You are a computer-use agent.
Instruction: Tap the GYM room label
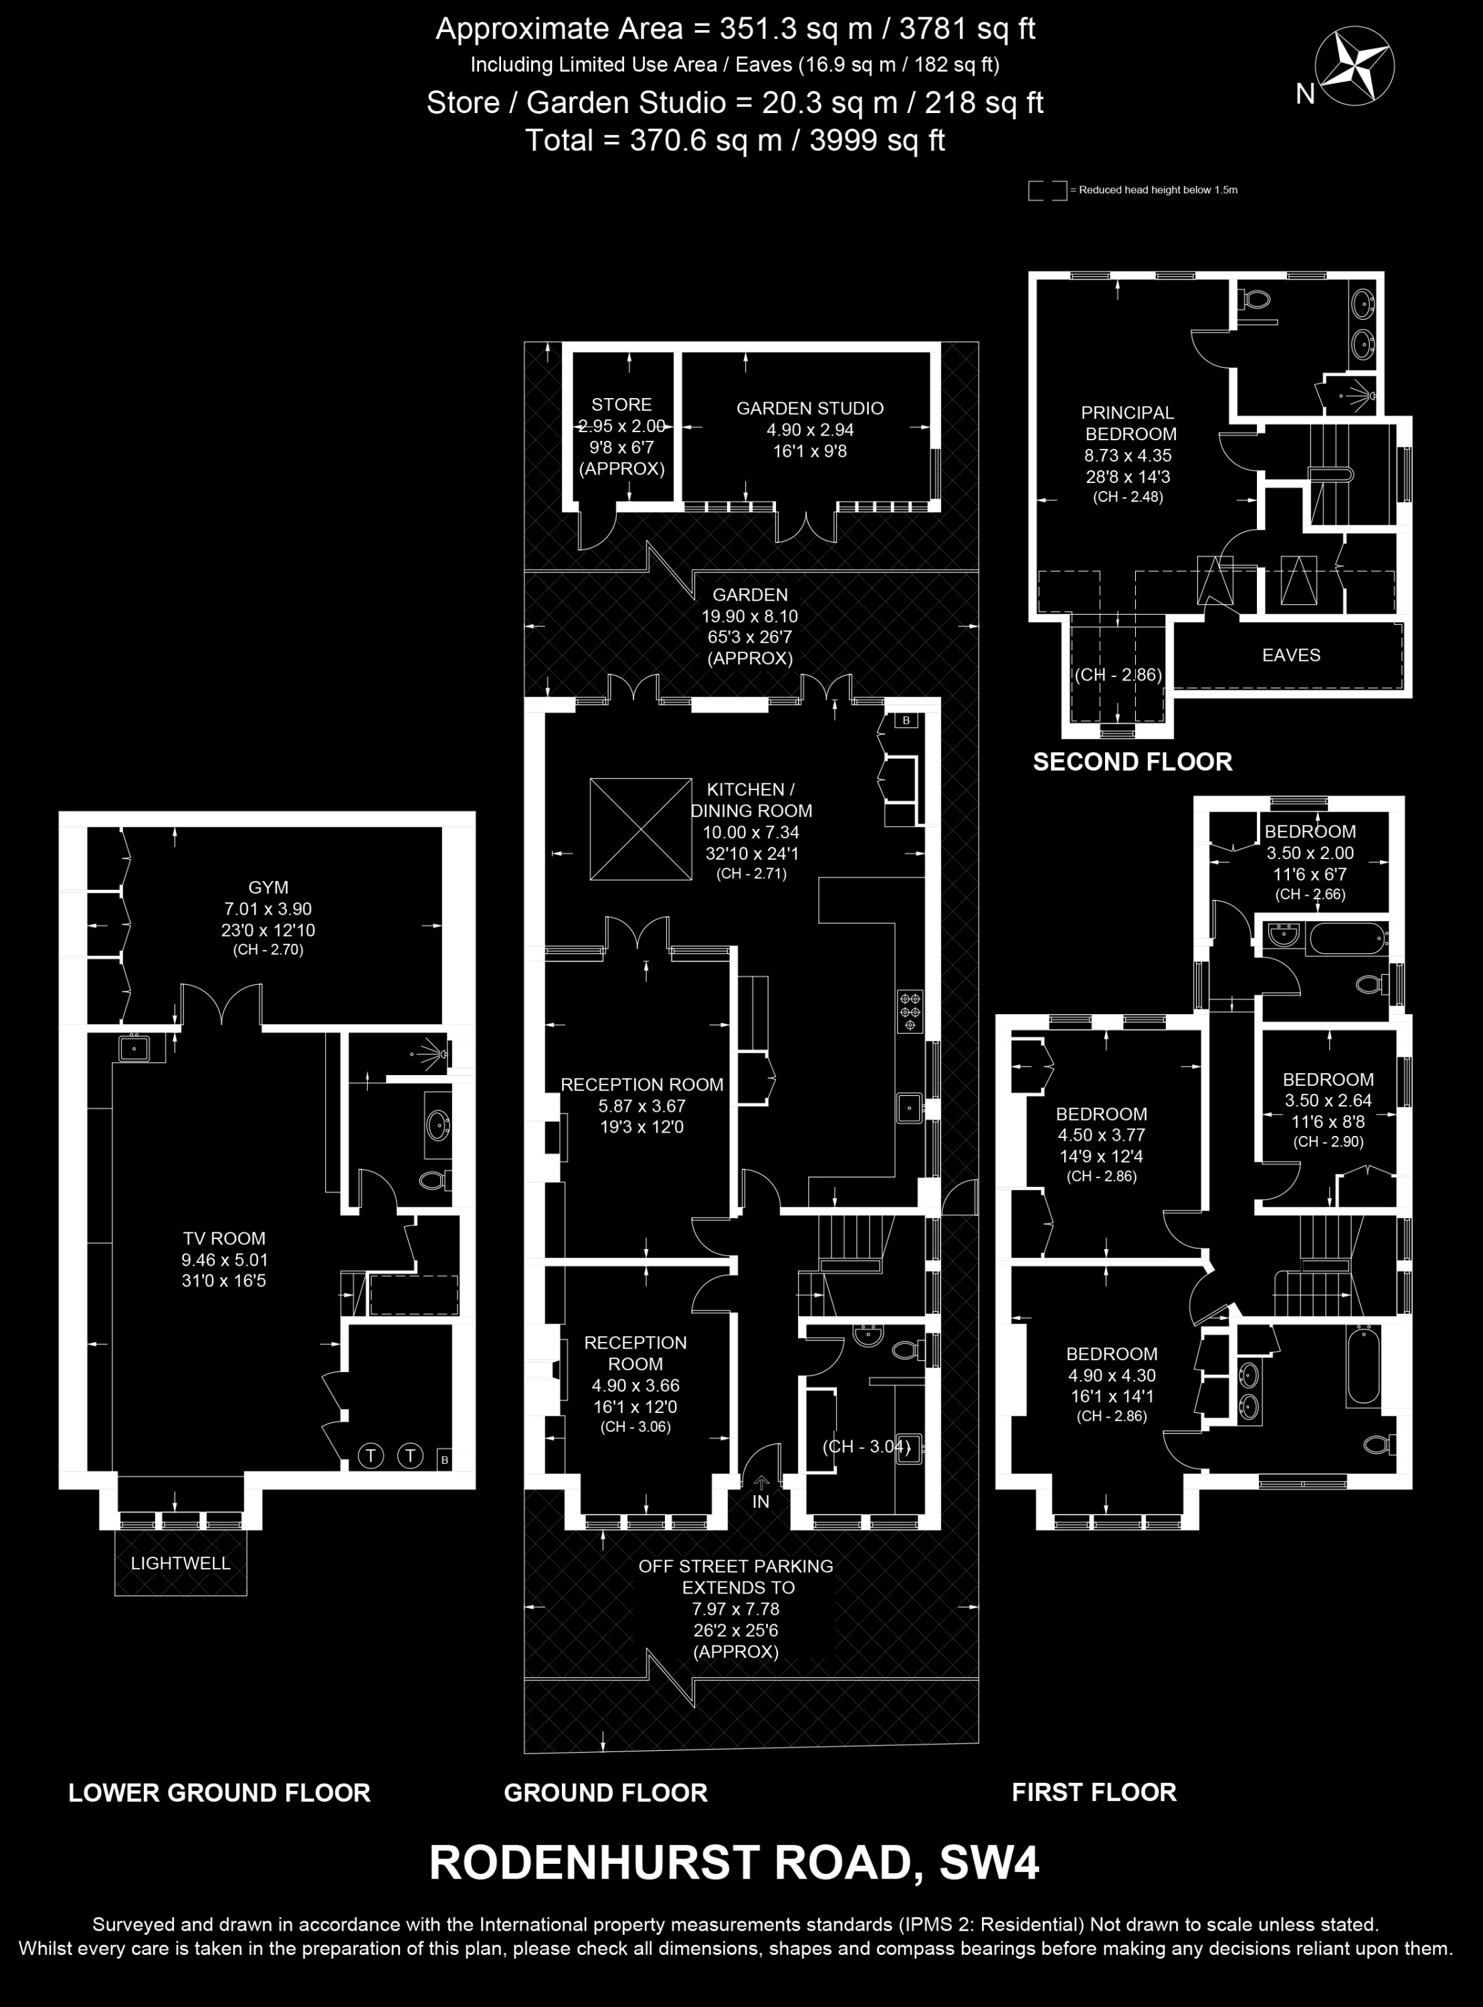[268, 888]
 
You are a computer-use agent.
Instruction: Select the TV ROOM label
[225, 1239]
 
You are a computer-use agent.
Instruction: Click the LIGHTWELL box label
[181, 1563]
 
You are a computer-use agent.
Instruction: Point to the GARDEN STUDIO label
[809, 408]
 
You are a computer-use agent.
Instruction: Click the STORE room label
[621, 405]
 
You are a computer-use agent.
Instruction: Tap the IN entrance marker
[761, 1501]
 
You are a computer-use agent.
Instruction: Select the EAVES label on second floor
[1291, 655]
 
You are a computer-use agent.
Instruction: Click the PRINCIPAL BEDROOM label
[1128, 423]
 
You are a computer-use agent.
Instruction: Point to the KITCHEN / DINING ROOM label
[751, 799]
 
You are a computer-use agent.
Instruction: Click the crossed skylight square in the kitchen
[639, 828]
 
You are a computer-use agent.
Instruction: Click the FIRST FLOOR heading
[1094, 1792]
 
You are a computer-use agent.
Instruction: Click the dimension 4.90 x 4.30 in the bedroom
[1111, 1375]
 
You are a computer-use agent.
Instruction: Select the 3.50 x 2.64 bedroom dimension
[1328, 1101]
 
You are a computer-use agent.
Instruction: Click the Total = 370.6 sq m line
[734, 140]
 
